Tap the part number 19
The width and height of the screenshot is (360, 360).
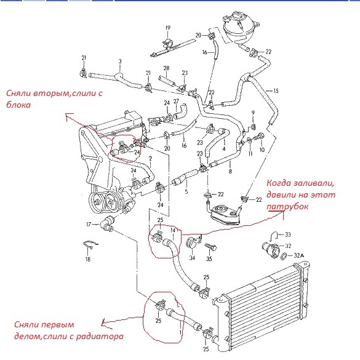click(168, 28)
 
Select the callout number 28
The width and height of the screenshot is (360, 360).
click(166, 68)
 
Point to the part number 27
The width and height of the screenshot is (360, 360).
click(176, 102)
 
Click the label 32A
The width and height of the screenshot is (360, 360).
click(298, 255)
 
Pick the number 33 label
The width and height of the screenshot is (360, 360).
click(287, 234)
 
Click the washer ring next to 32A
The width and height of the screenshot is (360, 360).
click(284, 256)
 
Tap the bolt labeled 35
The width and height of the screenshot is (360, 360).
click(210, 247)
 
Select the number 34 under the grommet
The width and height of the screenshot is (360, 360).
click(192, 258)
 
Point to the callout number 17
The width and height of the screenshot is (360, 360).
click(89, 225)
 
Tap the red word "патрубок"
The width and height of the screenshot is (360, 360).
click(287, 206)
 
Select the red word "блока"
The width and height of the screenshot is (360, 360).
click(18, 105)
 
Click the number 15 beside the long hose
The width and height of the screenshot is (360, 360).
click(276, 91)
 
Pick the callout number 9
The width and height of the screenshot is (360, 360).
click(253, 113)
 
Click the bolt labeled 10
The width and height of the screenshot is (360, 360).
click(258, 137)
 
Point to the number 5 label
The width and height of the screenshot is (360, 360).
click(186, 191)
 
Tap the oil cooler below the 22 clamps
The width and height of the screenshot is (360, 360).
click(225, 214)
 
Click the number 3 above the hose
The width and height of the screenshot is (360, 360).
click(120, 62)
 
